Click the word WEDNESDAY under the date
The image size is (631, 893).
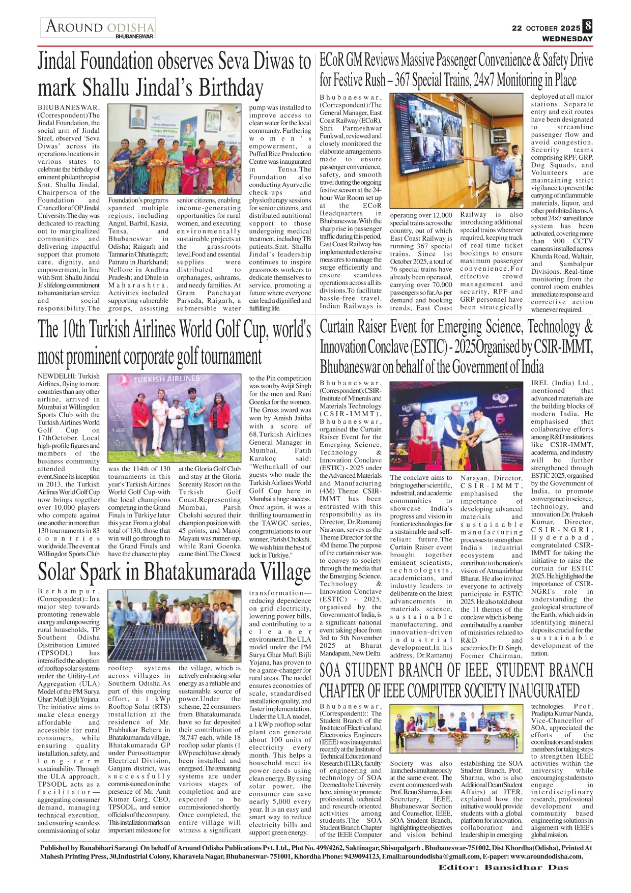(x=567, y=39)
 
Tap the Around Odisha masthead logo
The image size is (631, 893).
(x=98, y=28)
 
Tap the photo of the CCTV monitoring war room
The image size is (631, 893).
(x=459, y=151)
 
